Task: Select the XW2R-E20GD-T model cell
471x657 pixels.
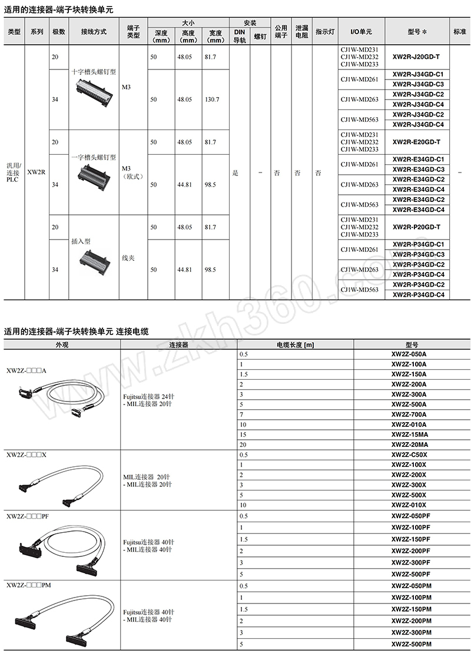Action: pos(416,142)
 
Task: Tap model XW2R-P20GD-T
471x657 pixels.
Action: pos(416,227)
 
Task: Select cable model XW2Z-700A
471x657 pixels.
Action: pos(409,414)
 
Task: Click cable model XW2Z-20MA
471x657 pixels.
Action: pos(409,444)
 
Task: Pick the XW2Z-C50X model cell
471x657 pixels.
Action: pos(409,455)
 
